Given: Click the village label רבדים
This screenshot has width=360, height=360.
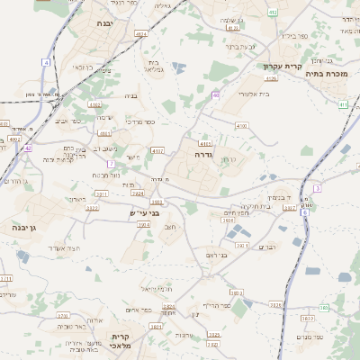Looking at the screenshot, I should pos(268,247).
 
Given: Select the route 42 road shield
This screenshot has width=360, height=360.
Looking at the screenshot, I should pos(28,148).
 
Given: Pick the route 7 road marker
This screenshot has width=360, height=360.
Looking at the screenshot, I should pos(111,164).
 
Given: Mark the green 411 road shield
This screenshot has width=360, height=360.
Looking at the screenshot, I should pos(343,104).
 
